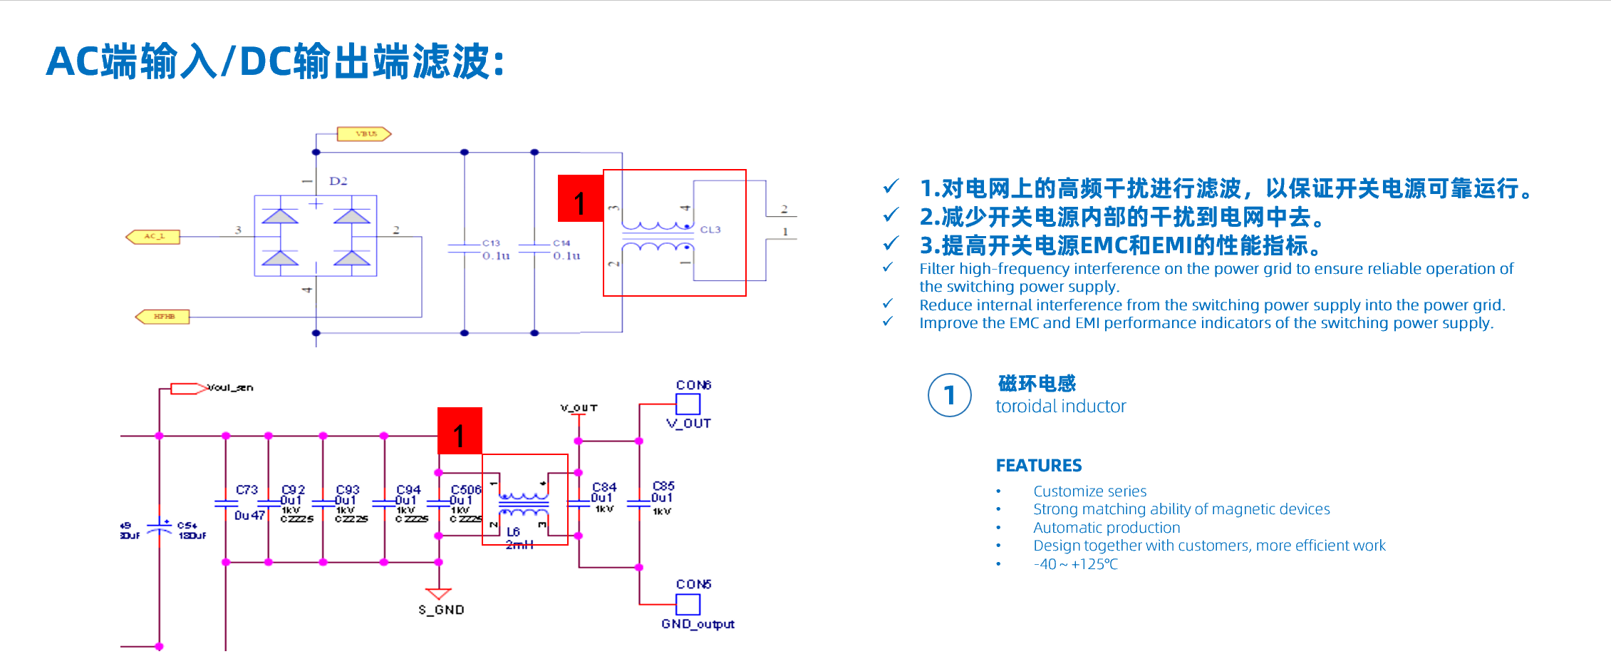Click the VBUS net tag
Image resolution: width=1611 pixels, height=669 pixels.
click(365, 134)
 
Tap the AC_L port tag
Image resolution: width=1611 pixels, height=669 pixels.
click(153, 237)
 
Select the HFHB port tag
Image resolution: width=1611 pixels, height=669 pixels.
click(163, 317)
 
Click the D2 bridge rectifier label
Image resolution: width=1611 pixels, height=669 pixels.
click(338, 181)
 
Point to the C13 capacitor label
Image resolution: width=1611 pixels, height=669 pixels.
click(491, 243)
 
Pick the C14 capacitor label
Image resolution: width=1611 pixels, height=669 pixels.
click(561, 243)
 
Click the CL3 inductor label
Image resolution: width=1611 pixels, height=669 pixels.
click(710, 230)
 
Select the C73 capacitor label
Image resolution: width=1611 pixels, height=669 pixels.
click(247, 490)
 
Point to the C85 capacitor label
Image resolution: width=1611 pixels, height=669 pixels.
click(663, 486)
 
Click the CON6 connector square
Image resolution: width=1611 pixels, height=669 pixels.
click(688, 404)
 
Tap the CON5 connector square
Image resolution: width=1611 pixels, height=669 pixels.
click(688, 604)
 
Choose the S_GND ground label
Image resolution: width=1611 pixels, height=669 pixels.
click(441, 610)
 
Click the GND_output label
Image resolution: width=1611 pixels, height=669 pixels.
click(698, 624)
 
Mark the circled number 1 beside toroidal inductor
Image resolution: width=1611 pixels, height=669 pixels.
click(949, 395)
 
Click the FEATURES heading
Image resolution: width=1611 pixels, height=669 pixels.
click(1038, 466)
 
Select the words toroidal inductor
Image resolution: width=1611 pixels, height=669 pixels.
click(1060, 407)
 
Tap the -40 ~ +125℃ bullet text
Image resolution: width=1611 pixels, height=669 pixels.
click(1075, 564)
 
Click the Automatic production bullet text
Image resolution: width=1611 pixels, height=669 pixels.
click(1107, 528)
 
